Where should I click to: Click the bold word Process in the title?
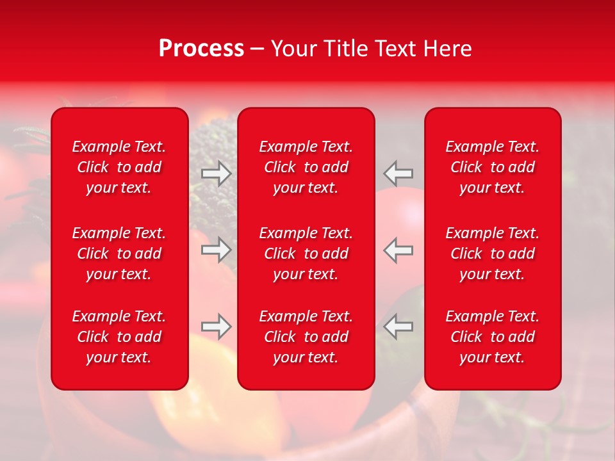(201, 49)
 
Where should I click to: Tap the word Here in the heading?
(447, 49)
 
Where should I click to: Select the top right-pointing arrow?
(216, 174)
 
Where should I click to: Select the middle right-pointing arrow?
(216, 250)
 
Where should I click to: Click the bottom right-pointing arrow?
(216, 327)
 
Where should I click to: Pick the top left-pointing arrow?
(398, 174)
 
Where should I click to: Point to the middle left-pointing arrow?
(398, 250)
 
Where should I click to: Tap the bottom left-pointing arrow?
(398, 327)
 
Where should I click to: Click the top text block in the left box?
(119, 167)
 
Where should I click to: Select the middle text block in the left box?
(119, 254)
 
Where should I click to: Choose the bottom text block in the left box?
(119, 337)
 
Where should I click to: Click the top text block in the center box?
(306, 167)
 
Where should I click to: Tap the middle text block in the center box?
(306, 254)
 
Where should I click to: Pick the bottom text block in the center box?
(306, 337)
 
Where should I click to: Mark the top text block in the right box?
(493, 167)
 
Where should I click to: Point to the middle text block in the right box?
(493, 254)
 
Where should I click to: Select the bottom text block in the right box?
(493, 337)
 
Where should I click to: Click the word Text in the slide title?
(395, 49)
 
